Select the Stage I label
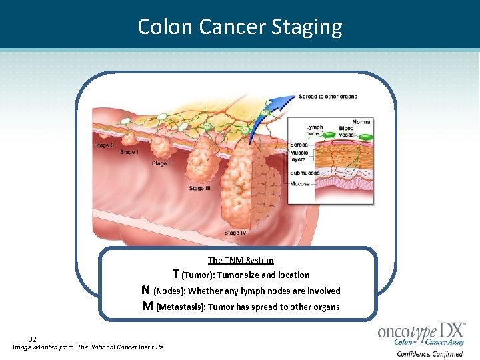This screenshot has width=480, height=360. [x=129, y=152]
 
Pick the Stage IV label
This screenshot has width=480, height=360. [x=235, y=233]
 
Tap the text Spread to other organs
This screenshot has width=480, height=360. [x=327, y=97]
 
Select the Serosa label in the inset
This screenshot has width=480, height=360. [x=298, y=145]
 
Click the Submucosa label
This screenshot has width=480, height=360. [x=304, y=173]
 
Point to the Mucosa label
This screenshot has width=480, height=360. [x=299, y=183]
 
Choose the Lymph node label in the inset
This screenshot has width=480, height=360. [x=314, y=129]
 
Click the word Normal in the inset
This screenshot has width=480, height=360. [x=361, y=122]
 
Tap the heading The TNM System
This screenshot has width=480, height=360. [x=241, y=260]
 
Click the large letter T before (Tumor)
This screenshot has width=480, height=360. [x=176, y=274]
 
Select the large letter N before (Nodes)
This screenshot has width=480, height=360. [x=145, y=290]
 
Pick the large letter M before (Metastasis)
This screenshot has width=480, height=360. [x=147, y=306]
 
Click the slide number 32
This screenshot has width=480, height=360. [x=32, y=339]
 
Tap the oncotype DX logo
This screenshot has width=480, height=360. [x=421, y=337]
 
